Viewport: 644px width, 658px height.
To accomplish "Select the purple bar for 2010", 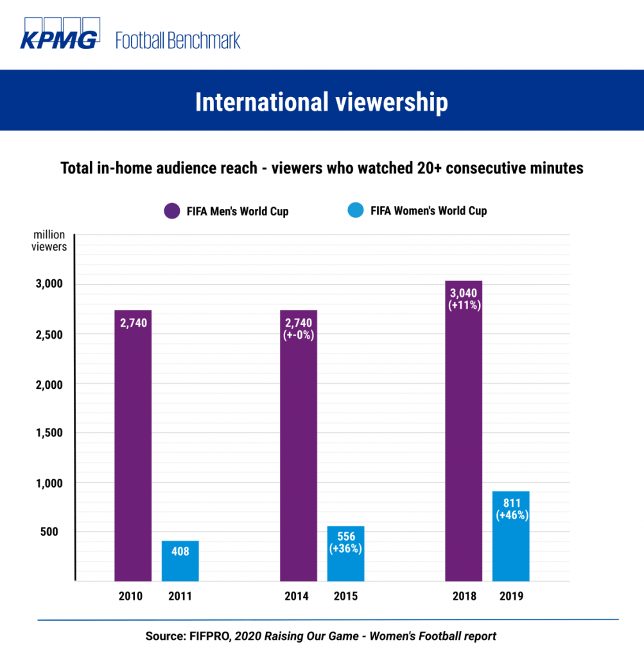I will [x=133, y=450].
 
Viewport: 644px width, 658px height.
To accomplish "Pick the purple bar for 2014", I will [x=299, y=450].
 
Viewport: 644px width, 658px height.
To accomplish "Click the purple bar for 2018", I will [x=464, y=437].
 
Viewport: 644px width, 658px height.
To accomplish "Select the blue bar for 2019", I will [x=511, y=546].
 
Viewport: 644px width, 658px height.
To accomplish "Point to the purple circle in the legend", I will [x=172, y=211].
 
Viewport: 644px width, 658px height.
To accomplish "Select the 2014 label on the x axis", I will [x=297, y=596].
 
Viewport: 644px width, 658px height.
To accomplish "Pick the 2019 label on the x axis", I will [x=511, y=596].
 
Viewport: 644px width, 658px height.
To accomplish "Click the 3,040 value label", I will [x=464, y=293].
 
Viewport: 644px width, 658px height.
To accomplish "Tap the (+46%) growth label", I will [x=511, y=515].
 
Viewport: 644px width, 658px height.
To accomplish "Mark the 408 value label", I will [x=180, y=551].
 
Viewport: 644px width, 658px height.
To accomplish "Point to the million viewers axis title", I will [x=49, y=242].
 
